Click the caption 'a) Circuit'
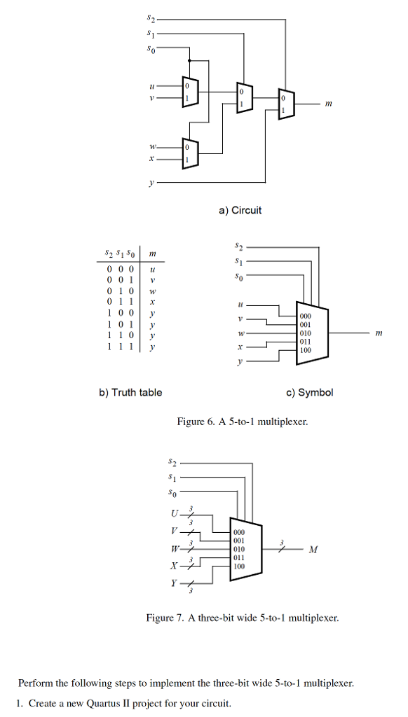[x=238, y=210]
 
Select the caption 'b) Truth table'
[x=130, y=392]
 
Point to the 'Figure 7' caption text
[x=242, y=618]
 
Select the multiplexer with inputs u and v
[x=189, y=92]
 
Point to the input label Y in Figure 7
[x=173, y=582]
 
